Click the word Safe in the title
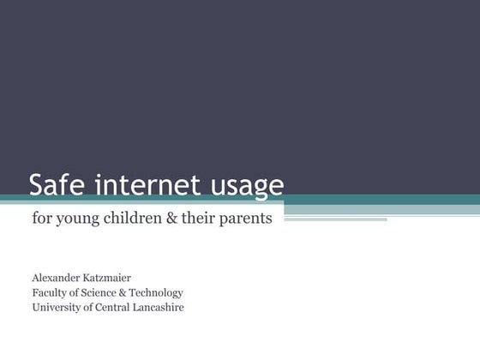(x=57, y=184)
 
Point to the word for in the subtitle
(x=40, y=218)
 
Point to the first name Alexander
(x=59, y=279)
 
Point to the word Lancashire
(x=160, y=307)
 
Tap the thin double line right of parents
(x=334, y=219)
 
